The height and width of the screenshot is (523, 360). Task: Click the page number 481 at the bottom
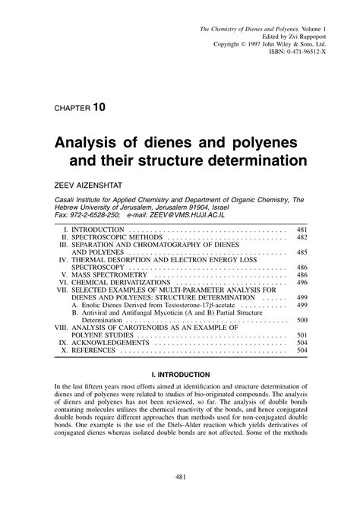pos(180,498)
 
